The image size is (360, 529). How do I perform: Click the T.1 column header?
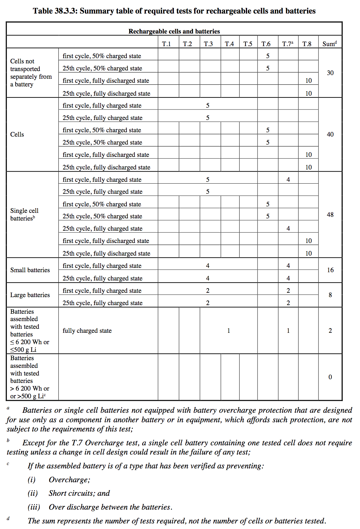(x=166, y=44)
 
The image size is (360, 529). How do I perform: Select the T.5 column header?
(x=248, y=44)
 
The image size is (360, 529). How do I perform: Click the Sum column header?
(x=330, y=44)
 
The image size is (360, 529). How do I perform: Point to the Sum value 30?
(x=330, y=73)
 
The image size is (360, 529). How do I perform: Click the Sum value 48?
(x=330, y=215)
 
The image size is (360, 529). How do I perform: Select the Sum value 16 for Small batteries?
(x=330, y=270)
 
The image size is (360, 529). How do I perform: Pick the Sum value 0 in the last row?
(x=330, y=377)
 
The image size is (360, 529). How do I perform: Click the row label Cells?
(x=17, y=134)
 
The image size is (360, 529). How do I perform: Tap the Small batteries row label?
(x=30, y=270)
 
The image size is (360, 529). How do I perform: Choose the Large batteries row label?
(x=30, y=295)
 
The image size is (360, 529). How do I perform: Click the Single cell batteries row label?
(x=24, y=214)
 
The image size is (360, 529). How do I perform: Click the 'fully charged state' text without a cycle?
(x=87, y=331)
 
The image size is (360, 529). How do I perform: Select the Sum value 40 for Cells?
(x=330, y=134)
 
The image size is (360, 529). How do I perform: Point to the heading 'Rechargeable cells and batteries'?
(x=174, y=31)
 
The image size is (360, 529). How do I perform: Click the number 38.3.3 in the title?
(x=66, y=11)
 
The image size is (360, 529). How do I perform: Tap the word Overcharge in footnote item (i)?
(x=69, y=480)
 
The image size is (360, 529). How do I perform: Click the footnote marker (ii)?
(x=33, y=493)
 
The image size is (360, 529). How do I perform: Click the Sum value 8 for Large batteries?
(x=330, y=295)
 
